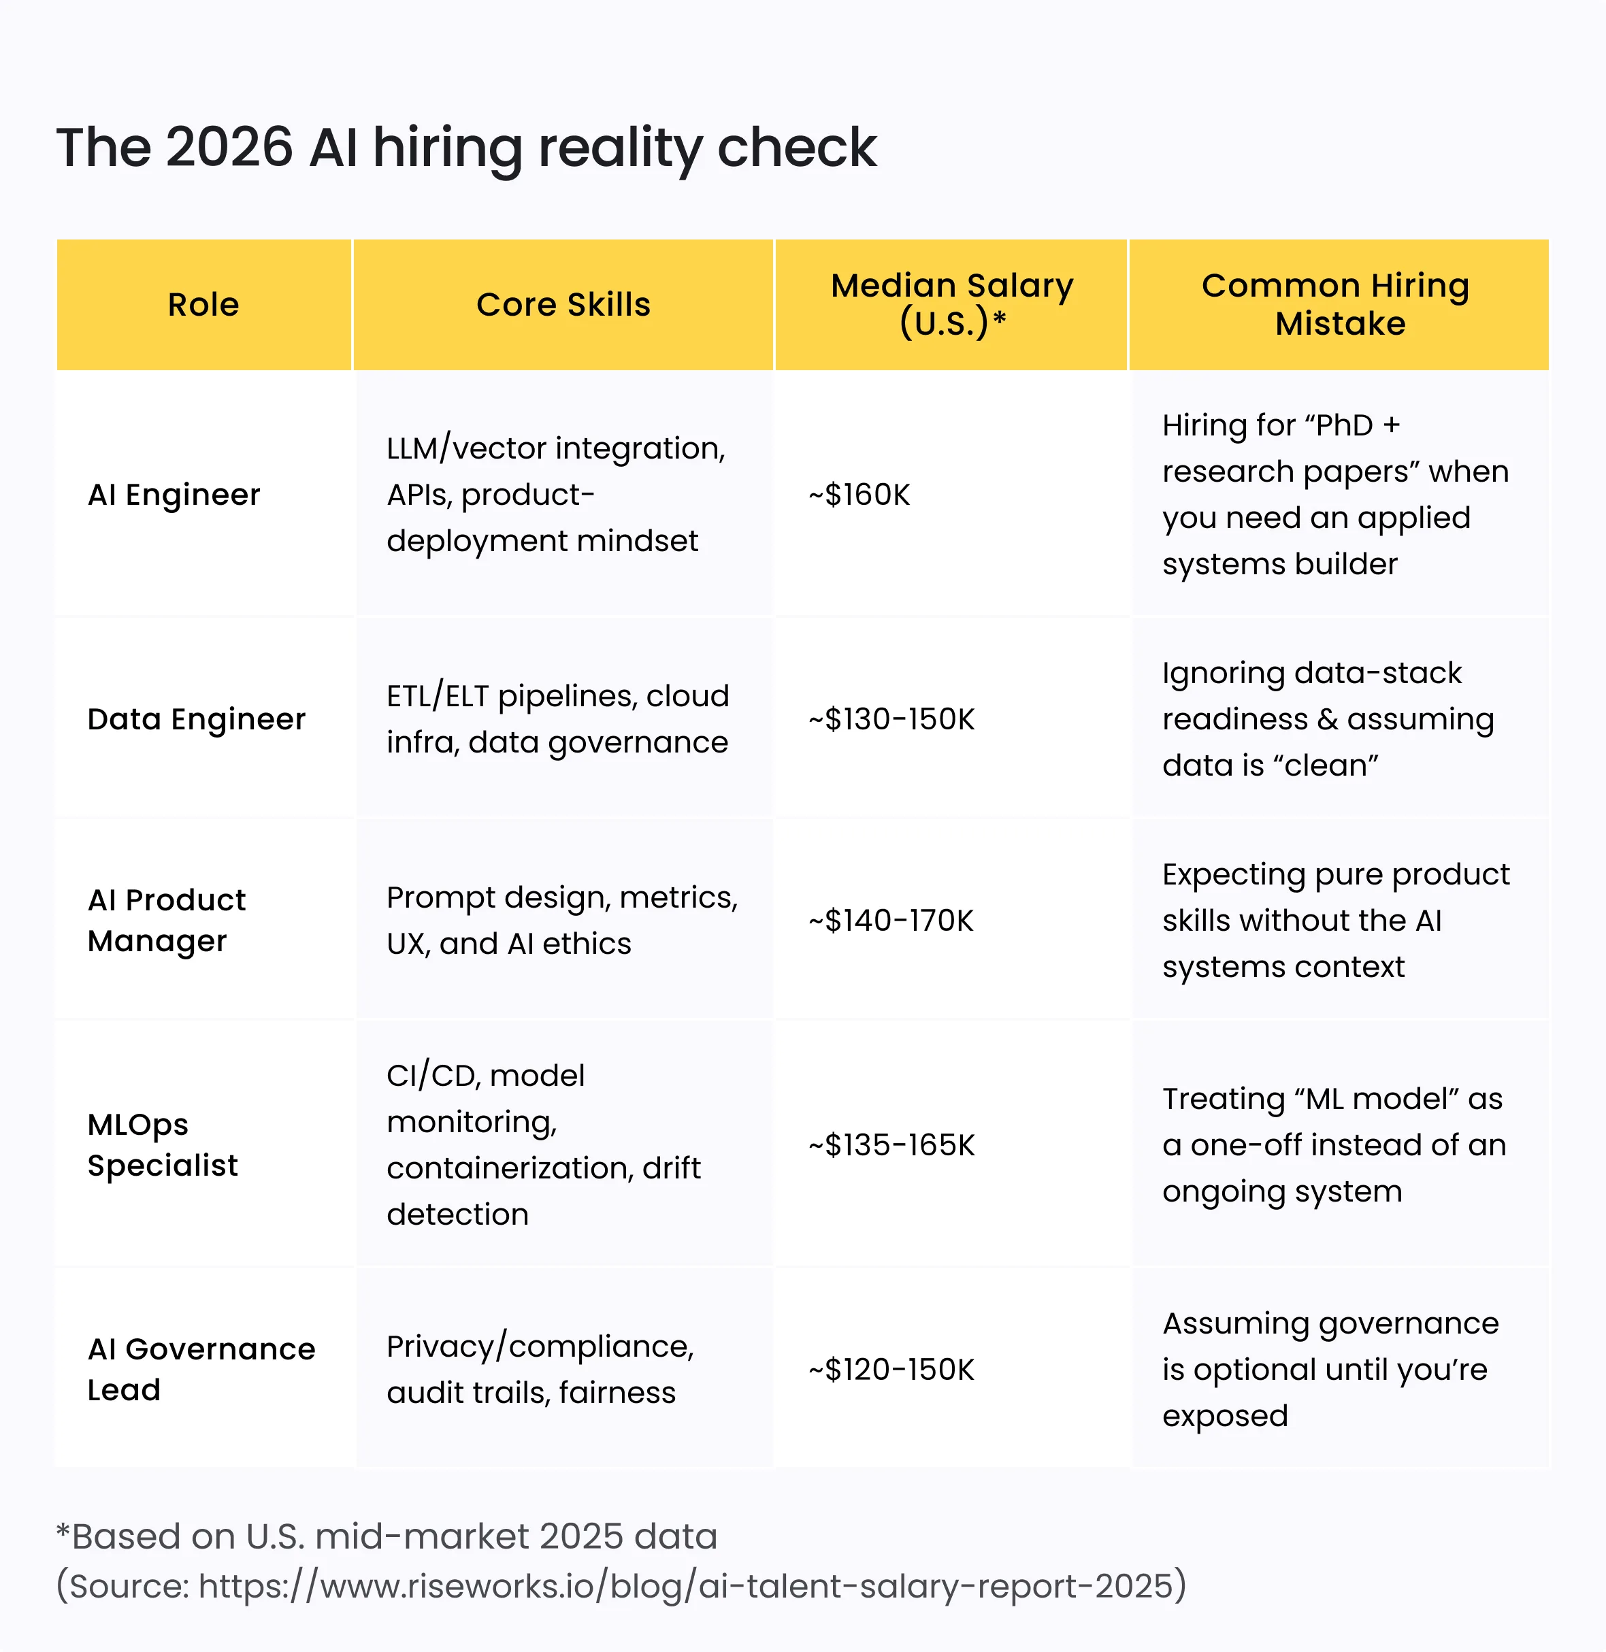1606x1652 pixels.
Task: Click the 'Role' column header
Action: point(203,304)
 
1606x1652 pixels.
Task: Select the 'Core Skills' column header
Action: point(563,304)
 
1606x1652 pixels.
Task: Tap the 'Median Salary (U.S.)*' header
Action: point(951,304)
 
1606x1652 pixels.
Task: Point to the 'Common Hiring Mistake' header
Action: point(1339,304)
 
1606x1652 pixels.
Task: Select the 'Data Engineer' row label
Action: point(197,718)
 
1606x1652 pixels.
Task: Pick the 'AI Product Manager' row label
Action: point(166,920)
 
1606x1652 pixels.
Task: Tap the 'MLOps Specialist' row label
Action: point(162,1144)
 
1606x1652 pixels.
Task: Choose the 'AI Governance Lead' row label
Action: point(201,1369)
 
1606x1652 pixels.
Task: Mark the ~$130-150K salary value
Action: point(891,718)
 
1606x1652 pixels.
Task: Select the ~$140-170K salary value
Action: point(891,920)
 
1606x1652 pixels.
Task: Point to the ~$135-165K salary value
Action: point(891,1144)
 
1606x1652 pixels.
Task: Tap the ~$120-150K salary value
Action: point(891,1369)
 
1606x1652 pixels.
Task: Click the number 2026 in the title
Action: point(229,148)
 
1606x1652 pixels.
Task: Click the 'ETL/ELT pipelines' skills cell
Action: point(557,718)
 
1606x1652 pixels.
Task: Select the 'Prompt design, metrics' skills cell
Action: point(562,920)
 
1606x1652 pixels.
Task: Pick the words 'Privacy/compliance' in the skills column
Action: point(540,1346)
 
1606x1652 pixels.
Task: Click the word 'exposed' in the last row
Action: point(1225,1415)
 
